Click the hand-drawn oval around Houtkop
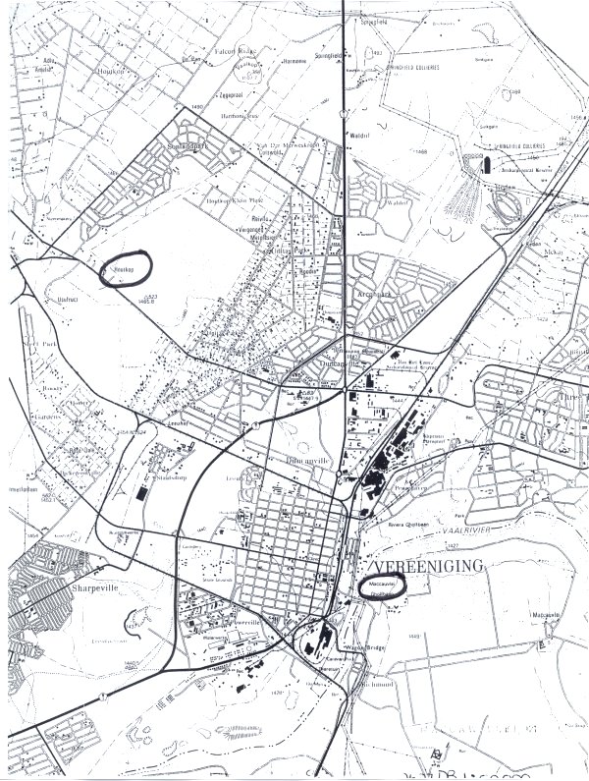[123, 267]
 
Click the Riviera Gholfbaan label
[406, 524]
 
